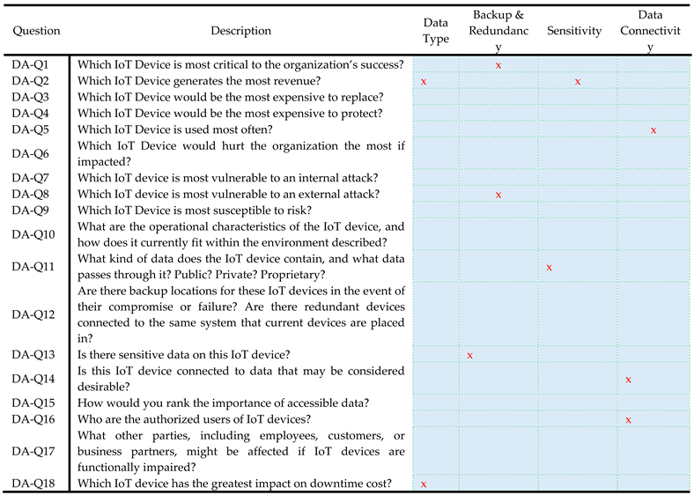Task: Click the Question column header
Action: click(36, 31)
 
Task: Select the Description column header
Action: click(240, 31)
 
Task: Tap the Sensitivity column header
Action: click(573, 31)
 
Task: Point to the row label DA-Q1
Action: click(31, 64)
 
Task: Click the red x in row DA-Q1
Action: click(498, 65)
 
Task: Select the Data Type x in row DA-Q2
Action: click(424, 82)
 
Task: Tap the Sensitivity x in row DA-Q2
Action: click(578, 82)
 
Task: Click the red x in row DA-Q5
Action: click(653, 130)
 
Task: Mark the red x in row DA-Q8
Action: click(498, 195)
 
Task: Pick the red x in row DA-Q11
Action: click(550, 267)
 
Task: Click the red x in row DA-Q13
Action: click(470, 356)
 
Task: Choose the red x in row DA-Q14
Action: click(628, 380)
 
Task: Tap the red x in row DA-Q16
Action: click(628, 420)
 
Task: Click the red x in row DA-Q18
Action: click(424, 484)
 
